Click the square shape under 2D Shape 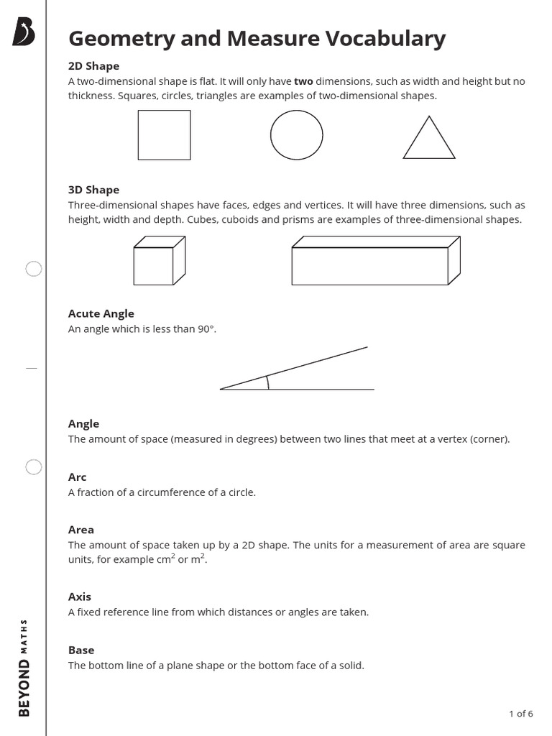164,134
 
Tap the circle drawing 296,134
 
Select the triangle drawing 429,139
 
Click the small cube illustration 158,262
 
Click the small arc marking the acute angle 267,382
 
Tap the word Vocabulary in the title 385,40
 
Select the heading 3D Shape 93,190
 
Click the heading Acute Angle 101,313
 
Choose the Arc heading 77,477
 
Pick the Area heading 80,530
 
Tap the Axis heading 79,597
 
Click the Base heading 80,650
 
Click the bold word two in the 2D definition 303,81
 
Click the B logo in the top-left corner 24,33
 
